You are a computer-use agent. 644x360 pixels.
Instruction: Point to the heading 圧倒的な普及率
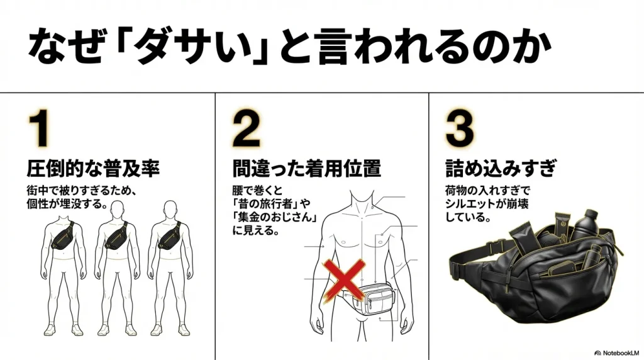click(x=92, y=168)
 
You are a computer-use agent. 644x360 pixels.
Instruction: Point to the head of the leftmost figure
click(x=63, y=209)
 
